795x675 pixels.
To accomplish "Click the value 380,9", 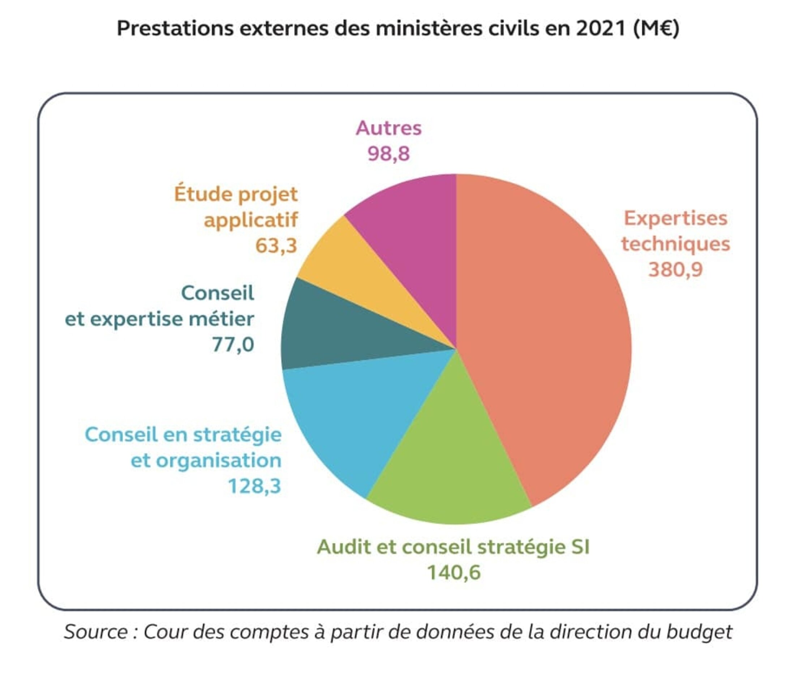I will pyautogui.click(x=675, y=269).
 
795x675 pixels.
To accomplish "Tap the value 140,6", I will pyautogui.click(x=454, y=573).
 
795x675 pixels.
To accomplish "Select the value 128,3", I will pyautogui.click(x=254, y=486).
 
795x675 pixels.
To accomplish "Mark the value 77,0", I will pyautogui.click(x=233, y=345).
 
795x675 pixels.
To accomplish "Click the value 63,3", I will pyautogui.click(x=276, y=245).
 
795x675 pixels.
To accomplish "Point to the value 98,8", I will pyautogui.click(x=388, y=153).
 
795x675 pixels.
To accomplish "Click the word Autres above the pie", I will pyautogui.click(x=388, y=128).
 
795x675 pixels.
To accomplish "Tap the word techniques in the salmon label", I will pyautogui.click(x=675, y=244).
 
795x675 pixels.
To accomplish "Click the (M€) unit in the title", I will pyautogui.click(x=656, y=28).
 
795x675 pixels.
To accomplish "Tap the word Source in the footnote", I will pyautogui.click(x=96, y=632).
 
